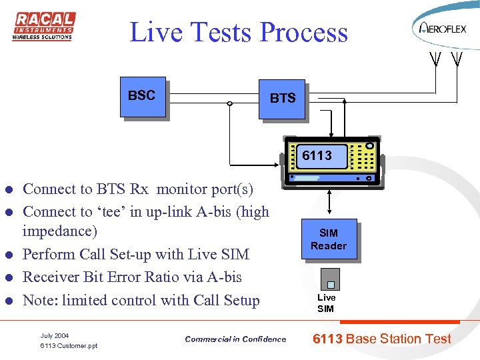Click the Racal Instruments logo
point(44,26)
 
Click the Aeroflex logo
point(443,28)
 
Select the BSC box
point(142,97)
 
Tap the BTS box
point(283,100)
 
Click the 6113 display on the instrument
point(319,157)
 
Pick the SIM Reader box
point(329,239)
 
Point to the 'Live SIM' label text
point(327,303)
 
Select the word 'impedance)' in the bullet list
point(59,231)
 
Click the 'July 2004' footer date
point(55,335)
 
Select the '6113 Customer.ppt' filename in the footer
point(69,346)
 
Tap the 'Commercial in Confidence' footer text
point(235,339)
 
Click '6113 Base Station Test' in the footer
point(383,339)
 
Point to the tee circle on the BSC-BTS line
point(229,103)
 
